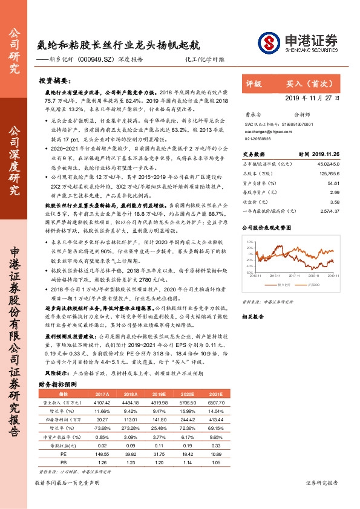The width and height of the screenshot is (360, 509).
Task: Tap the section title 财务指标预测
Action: tap(57, 384)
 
